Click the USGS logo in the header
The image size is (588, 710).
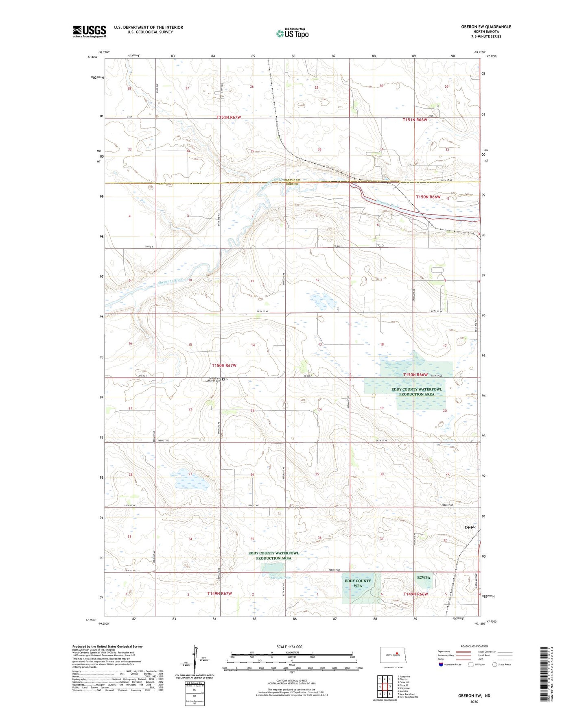(x=90, y=31)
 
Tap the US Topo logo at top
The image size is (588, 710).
(x=292, y=33)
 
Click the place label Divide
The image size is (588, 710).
(x=470, y=527)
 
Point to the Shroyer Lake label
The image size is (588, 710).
(x=281, y=577)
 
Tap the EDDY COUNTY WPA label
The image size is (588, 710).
(x=358, y=583)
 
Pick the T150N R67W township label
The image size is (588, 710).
(x=224, y=366)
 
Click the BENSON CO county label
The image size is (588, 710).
(x=292, y=180)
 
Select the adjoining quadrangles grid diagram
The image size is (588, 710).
(x=385, y=687)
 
